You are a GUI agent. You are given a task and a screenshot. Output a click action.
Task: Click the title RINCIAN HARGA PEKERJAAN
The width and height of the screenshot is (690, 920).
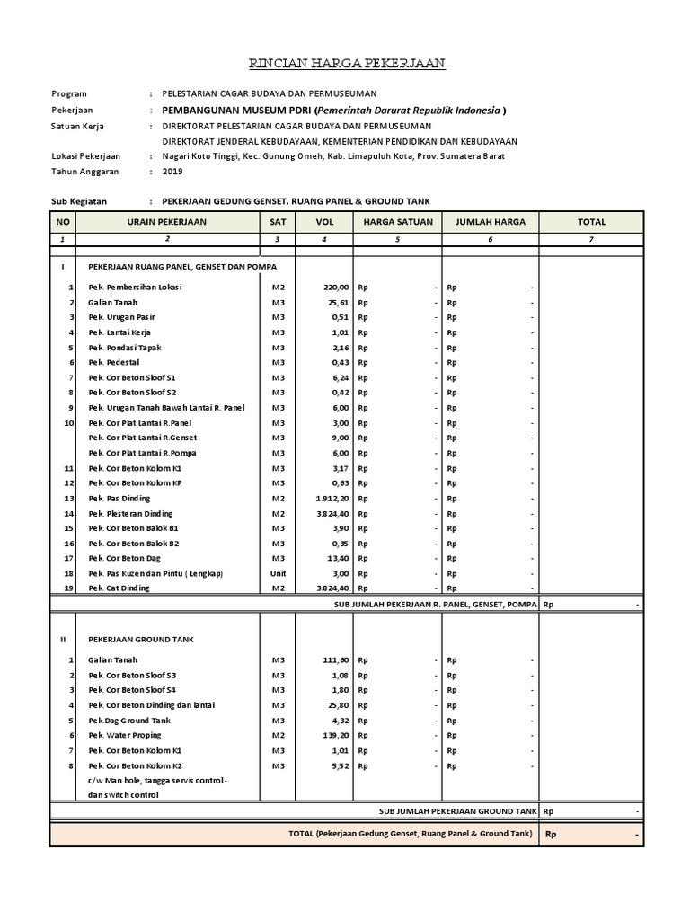[346, 64]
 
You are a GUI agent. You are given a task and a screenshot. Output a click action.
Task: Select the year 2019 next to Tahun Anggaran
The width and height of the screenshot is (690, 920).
[172, 171]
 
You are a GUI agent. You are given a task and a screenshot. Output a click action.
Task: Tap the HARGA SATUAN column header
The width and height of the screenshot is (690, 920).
[398, 221]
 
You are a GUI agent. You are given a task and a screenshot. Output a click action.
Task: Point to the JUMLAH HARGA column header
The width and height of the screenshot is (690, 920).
[491, 221]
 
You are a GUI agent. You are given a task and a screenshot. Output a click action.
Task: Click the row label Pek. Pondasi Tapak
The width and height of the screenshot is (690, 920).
[126, 347]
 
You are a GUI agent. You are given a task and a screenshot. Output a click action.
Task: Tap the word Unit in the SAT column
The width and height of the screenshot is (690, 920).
[279, 573]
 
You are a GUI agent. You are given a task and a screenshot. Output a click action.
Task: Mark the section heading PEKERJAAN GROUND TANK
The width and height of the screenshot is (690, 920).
[140, 639]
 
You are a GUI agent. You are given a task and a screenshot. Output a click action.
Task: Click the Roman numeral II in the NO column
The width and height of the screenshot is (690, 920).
[63, 639]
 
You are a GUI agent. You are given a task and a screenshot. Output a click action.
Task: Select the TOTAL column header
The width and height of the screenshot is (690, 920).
[591, 221]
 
